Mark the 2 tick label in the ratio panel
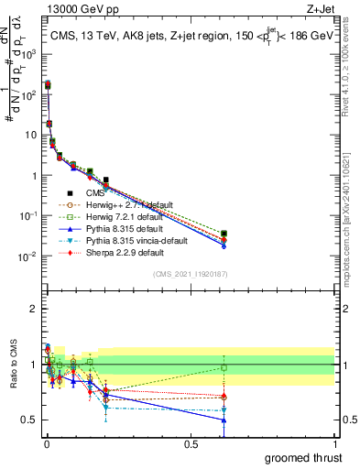point(32,309)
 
